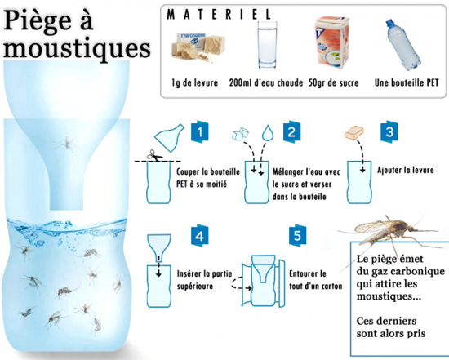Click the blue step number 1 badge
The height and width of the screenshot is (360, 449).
pos(200,131)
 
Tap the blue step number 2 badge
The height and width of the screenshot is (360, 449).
pos(291,131)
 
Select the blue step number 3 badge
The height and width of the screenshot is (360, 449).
pos(389,131)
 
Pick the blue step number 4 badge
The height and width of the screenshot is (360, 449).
pos(199,236)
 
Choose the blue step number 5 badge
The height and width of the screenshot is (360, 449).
pos(297,235)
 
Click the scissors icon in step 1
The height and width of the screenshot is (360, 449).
pos(154,155)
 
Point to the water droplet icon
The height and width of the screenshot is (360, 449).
pos(268,133)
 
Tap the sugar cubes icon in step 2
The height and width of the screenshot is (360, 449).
pos(240,134)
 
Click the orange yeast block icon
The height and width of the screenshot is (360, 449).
pos(354,132)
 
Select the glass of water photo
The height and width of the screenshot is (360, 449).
pos(267,46)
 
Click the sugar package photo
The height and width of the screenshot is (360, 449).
pos(332,43)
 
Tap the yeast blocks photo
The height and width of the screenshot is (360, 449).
pos(198,47)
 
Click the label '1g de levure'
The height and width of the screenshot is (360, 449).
pos(195,82)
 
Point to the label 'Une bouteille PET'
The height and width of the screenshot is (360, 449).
pos(407,82)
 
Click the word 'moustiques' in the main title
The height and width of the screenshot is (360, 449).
pos(77,49)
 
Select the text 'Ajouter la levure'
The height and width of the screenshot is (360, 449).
pos(406,170)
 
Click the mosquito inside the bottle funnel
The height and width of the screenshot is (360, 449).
pos(66,143)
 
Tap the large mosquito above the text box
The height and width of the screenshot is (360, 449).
pos(389,230)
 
